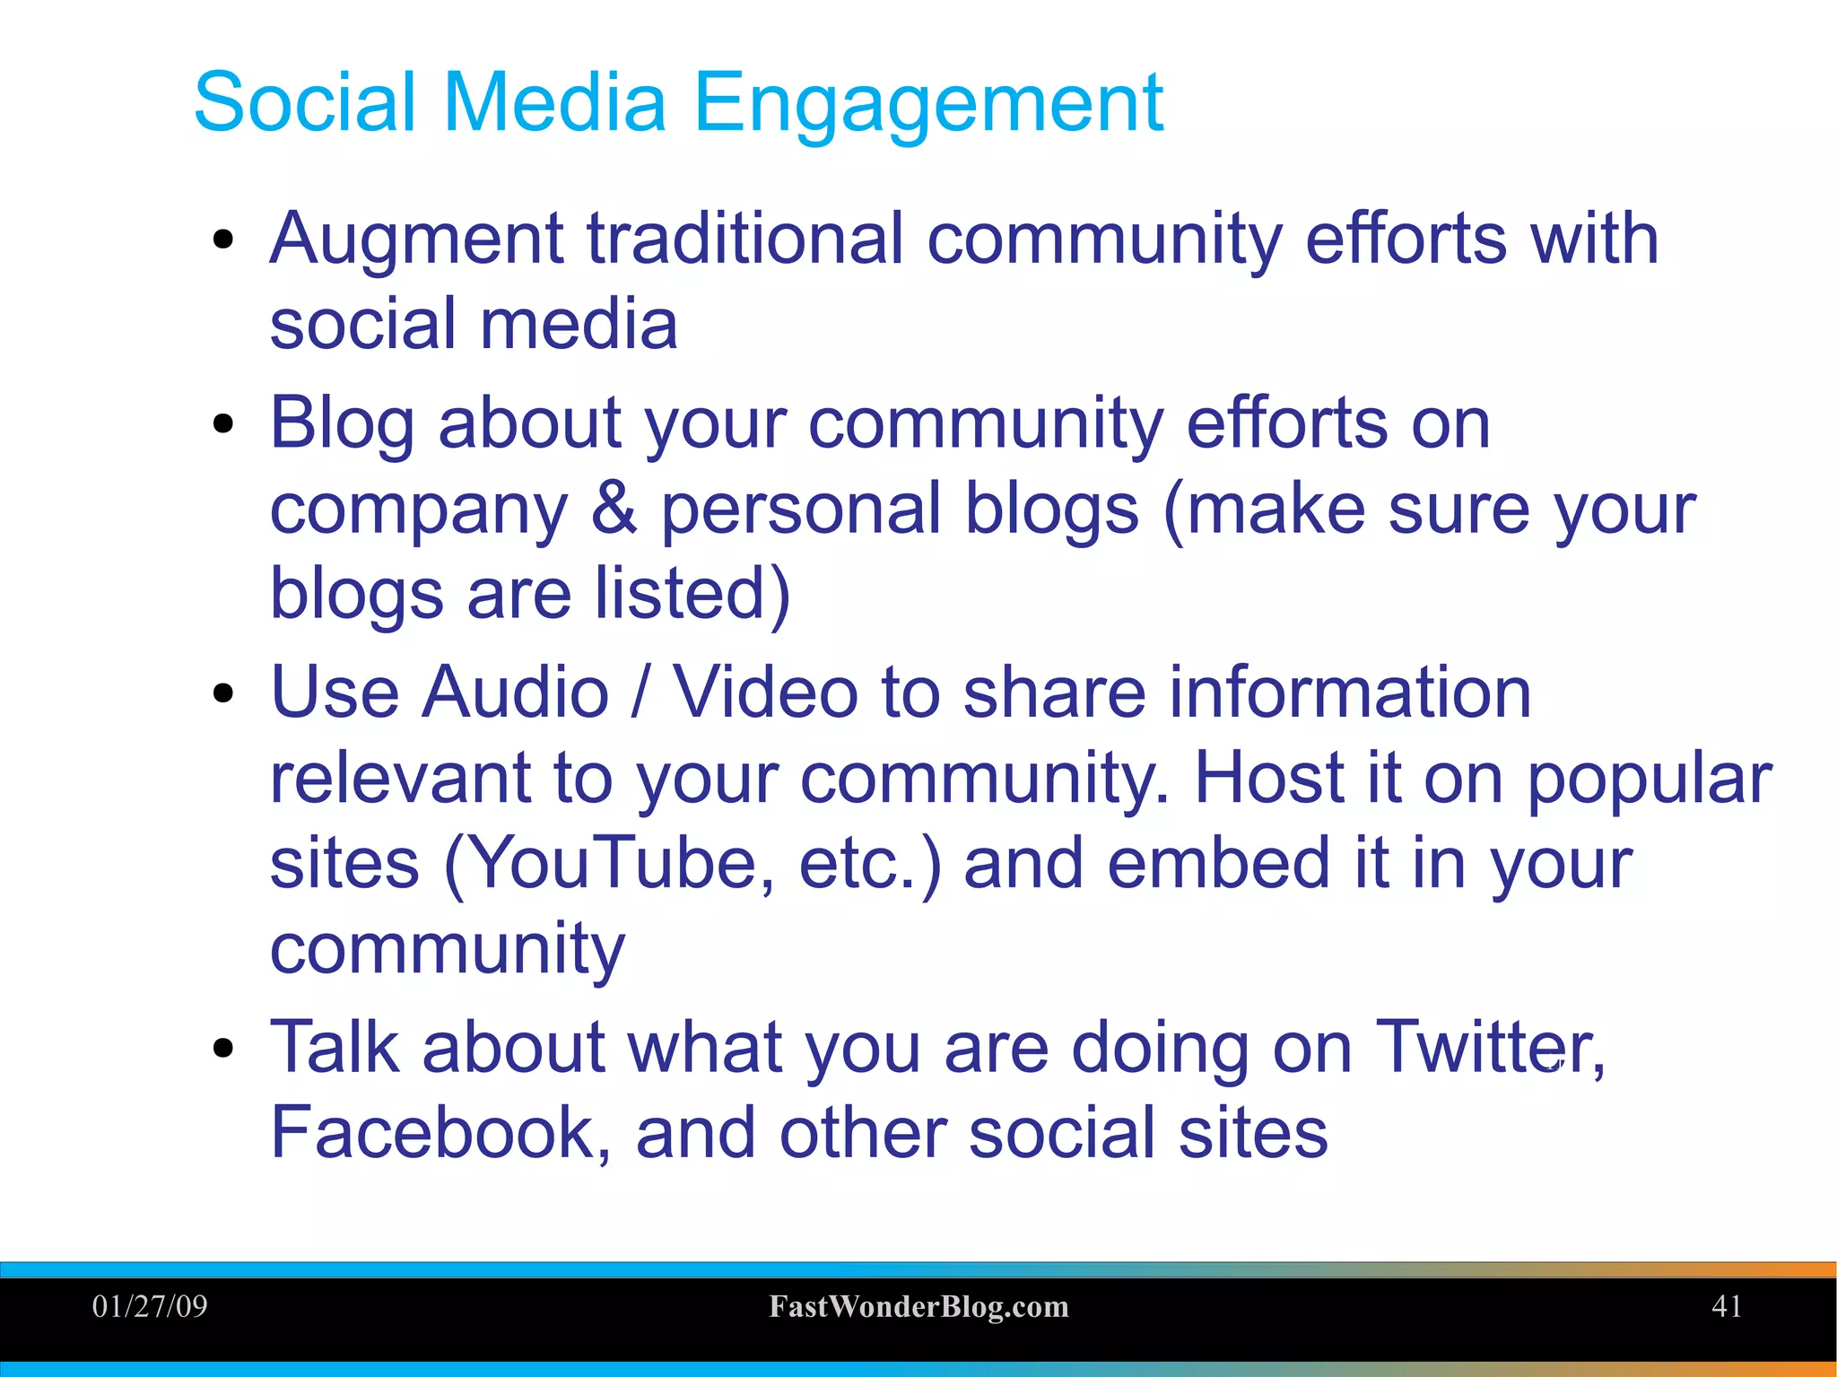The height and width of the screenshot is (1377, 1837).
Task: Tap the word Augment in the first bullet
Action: coord(416,240)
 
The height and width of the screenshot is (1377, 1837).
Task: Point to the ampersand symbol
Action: coord(614,509)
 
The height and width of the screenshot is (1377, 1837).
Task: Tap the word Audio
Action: coord(516,693)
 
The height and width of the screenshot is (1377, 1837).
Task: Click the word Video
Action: coord(765,693)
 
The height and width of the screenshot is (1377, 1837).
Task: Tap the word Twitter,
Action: coord(1490,1048)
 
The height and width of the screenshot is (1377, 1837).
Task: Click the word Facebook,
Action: coord(440,1133)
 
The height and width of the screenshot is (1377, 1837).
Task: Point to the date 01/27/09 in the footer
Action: coord(150,1306)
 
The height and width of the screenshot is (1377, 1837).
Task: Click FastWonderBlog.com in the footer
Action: coord(918,1307)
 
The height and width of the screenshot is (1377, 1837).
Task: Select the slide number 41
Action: coord(1727,1306)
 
